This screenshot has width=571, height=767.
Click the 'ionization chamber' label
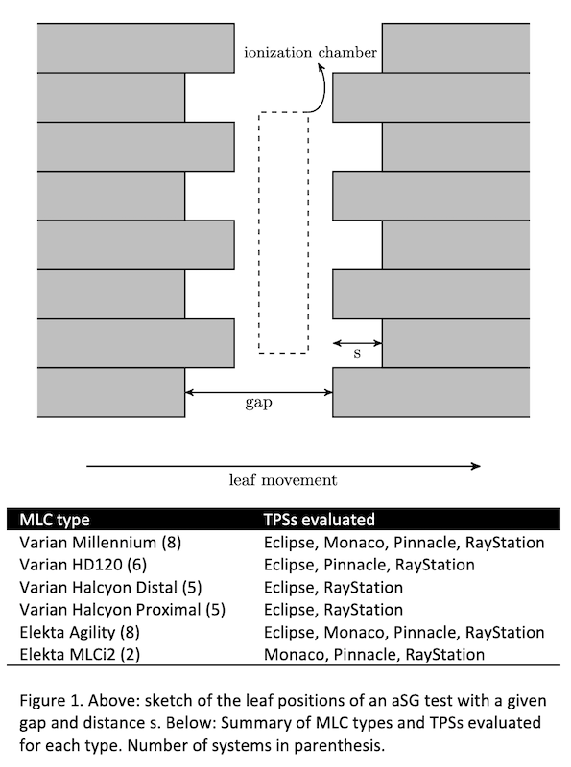(x=311, y=52)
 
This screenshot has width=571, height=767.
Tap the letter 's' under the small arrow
(x=357, y=353)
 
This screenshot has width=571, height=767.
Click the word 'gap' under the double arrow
(x=258, y=403)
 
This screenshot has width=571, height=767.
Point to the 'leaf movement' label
(x=283, y=480)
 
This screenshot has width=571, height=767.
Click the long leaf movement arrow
(x=283, y=466)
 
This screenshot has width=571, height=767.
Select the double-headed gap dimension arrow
(x=258, y=392)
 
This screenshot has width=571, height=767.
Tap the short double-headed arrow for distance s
(x=357, y=343)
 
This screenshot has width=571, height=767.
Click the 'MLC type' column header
(x=55, y=520)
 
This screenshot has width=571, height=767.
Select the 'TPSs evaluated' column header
(x=319, y=519)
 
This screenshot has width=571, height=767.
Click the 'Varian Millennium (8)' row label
(x=101, y=542)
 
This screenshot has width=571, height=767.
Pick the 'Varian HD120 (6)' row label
(x=83, y=565)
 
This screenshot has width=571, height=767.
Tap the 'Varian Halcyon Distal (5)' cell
(x=110, y=587)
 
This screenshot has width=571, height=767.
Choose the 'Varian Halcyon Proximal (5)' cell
(x=123, y=610)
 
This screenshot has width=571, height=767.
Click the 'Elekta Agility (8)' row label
(x=80, y=632)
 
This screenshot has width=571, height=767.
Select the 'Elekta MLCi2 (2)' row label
(x=80, y=654)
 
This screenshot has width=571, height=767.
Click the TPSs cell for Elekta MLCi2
(x=374, y=655)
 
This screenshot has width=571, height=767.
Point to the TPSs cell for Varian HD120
(x=369, y=565)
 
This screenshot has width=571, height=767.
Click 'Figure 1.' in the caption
(x=51, y=701)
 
